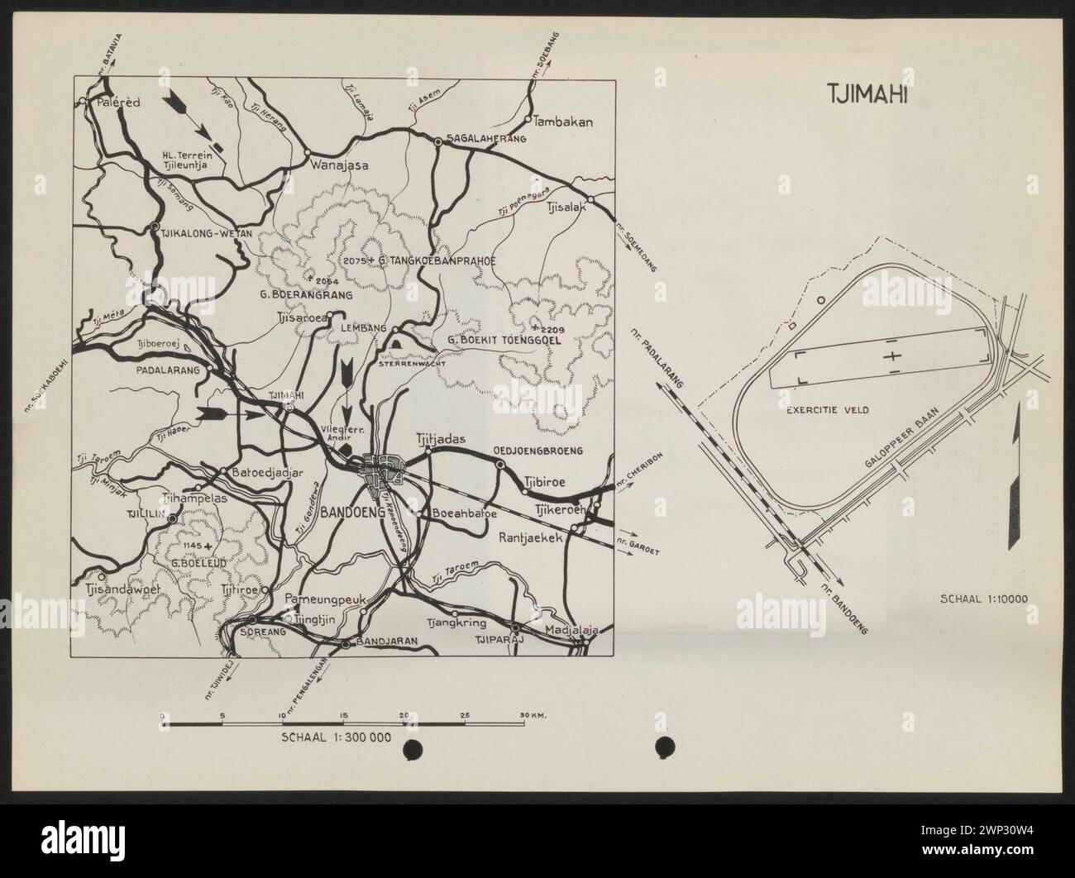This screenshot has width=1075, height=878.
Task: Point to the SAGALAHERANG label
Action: [x=486, y=139]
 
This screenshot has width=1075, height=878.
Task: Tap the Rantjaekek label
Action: [x=531, y=537]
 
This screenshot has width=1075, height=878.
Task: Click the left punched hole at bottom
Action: [x=412, y=748]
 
